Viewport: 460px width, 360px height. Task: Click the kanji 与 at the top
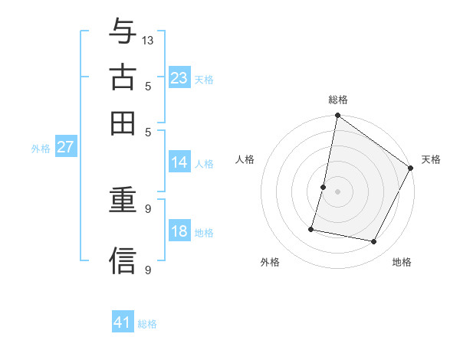[x=123, y=33]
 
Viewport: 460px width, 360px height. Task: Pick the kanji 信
[x=123, y=260]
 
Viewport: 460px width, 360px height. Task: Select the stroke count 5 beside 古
[x=147, y=86]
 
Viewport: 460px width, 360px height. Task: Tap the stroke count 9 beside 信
[x=147, y=270]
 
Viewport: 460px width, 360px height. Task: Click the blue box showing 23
[x=179, y=77]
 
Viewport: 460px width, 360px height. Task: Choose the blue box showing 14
[x=179, y=162]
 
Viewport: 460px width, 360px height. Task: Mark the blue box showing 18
[x=179, y=231]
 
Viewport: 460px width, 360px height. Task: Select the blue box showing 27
[x=65, y=147]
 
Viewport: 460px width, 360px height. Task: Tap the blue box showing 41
[x=123, y=322]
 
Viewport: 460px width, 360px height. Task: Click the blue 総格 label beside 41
[x=148, y=324]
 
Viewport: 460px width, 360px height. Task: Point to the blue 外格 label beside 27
[x=41, y=149]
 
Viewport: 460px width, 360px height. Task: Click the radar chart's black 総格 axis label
[x=337, y=100]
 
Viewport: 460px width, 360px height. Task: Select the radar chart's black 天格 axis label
[x=431, y=159]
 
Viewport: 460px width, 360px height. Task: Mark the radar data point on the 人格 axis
[x=324, y=187]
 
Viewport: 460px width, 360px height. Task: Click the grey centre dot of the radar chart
[x=337, y=191]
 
